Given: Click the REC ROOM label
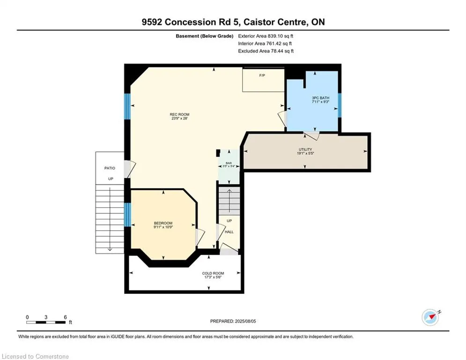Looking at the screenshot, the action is click(x=179, y=114).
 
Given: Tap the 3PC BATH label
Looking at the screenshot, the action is click(x=320, y=98).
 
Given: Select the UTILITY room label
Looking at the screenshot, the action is click(x=305, y=150).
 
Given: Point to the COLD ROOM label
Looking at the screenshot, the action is click(x=213, y=273).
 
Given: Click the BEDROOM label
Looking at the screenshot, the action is click(x=163, y=223).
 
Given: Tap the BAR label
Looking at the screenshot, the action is click(x=229, y=163).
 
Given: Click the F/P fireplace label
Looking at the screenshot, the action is click(x=262, y=75).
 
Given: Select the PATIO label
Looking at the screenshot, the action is click(x=110, y=168).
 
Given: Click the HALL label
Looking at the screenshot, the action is click(x=229, y=232).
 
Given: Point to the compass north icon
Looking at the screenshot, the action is click(x=430, y=317).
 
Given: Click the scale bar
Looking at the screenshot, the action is click(x=46, y=322).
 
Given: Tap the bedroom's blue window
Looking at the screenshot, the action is click(x=127, y=215).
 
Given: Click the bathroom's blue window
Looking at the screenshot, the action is click(x=340, y=105).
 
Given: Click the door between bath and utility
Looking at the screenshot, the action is click(x=311, y=135).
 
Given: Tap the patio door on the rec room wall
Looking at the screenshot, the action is click(x=130, y=169).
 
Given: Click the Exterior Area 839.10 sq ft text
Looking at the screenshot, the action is click(x=266, y=36).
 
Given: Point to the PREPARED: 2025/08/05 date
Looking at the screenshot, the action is click(x=233, y=321).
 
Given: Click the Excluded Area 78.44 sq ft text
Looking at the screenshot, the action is click(x=266, y=51).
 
